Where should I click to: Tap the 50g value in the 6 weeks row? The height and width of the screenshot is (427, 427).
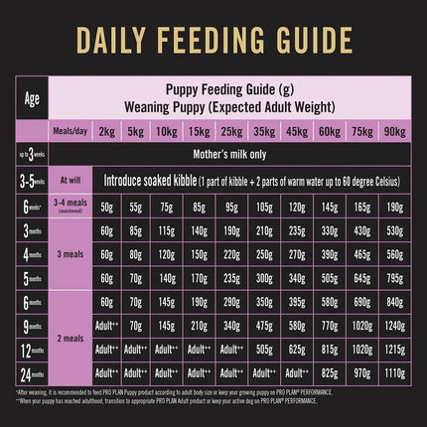coord(106,207)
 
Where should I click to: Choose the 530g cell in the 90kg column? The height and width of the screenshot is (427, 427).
coord(395,230)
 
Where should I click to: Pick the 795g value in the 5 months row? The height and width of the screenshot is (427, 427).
coord(395,277)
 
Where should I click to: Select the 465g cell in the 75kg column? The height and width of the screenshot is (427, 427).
coord(362,254)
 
